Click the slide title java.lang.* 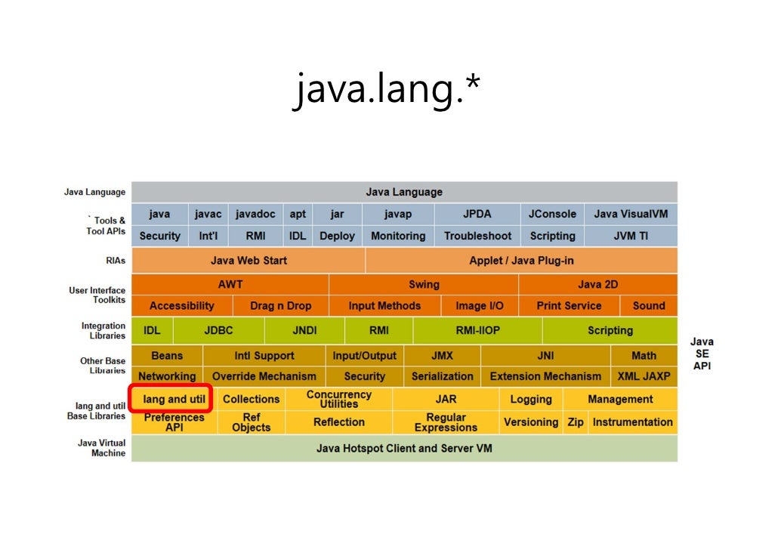(x=387, y=91)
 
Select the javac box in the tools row (x=207, y=214)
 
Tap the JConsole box (x=552, y=214)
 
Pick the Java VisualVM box (x=631, y=214)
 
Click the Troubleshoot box (x=477, y=236)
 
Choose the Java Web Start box (x=249, y=261)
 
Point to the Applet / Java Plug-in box (x=521, y=261)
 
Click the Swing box (x=424, y=284)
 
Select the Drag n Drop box (x=280, y=306)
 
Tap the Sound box (x=649, y=306)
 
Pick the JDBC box (x=219, y=330)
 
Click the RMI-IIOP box (x=477, y=330)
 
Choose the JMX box (x=442, y=355)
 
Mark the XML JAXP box (x=644, y=376)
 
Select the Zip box (x=576, y=422)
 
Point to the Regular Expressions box (x=446, y=422)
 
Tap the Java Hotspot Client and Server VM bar (x=404, y=448)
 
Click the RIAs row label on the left (x=116, y=261)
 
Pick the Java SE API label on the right (x=702, y=354)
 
